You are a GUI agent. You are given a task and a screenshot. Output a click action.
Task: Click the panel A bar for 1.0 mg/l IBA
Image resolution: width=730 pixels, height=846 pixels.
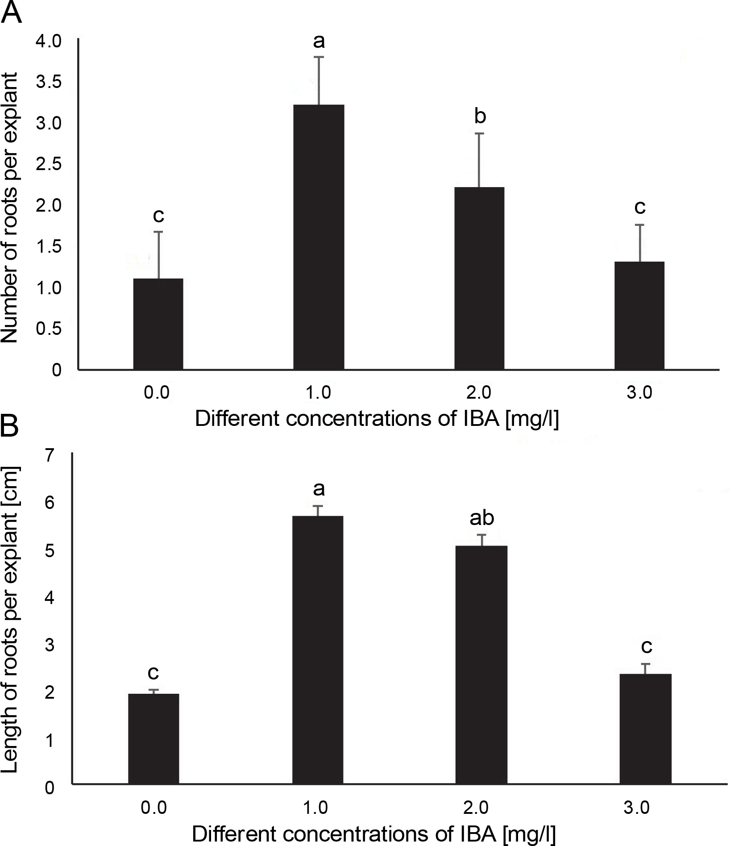click(x=319, y=237)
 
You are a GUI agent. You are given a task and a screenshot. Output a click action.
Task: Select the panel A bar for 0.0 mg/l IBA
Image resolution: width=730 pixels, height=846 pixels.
click(x=158, y=324)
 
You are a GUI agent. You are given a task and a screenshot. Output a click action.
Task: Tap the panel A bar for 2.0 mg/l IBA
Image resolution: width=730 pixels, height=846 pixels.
click(x=479, y=278)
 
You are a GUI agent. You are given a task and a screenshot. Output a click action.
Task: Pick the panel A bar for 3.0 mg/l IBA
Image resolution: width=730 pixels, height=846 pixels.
click(x=639, y=315)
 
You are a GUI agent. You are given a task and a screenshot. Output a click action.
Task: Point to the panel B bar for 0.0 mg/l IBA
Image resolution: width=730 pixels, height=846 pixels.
click(x=153, y=738)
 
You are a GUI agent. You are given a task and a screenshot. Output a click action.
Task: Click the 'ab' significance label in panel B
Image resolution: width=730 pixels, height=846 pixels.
click(x=481, y=518)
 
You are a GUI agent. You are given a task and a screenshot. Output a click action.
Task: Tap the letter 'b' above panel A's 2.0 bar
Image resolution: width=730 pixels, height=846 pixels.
click(x=480, y=117)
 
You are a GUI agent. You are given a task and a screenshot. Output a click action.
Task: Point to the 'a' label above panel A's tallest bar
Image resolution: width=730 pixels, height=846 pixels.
click(x=319, y=42)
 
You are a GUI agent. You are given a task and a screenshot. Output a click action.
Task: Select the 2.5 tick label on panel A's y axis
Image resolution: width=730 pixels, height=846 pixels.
click(x=50, y=164)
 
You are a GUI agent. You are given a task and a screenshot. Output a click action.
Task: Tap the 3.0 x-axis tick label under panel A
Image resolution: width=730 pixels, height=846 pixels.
click(x=639, y=393)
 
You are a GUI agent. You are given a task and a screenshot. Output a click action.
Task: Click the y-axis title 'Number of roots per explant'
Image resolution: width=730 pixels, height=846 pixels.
click(x=10, y=208)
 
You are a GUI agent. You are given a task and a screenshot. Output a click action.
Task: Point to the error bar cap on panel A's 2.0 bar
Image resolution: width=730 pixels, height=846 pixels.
click(x=479, y=133)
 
